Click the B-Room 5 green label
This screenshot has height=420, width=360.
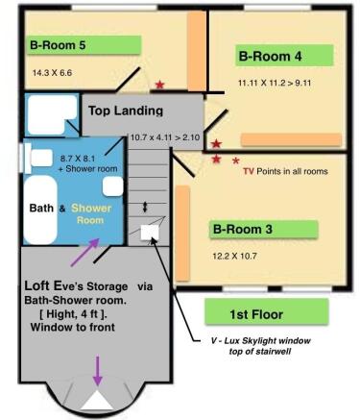tap(84, 45)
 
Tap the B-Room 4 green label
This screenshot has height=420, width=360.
tap(284, 56)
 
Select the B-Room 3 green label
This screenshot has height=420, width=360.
tap(263, 229)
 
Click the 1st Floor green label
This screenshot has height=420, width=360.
tap(267, 311)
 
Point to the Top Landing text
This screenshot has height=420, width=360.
tap(126, 111)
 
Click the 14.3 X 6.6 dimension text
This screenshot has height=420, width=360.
tap(52, 73)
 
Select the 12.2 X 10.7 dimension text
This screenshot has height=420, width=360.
tap(234, 256)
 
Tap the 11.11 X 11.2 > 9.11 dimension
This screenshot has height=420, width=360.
tap(275, 83)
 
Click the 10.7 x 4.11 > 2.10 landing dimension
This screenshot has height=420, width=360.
tap(165, 137)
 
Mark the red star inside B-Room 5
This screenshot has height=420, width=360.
tap(159, 85)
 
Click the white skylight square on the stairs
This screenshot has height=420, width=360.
tap(150, 232)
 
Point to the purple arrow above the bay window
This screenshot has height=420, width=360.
tap(98, 370)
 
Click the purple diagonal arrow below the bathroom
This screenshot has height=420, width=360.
tap(84, 252)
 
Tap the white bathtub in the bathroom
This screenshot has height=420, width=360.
tap(40, 210)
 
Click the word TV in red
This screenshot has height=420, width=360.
tap(249, 171)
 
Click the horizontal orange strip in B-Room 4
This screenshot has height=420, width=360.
tap(291, 140)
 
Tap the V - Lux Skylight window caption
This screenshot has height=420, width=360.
tap(260, 346)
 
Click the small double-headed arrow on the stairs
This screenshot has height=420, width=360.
tap(145, 207)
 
